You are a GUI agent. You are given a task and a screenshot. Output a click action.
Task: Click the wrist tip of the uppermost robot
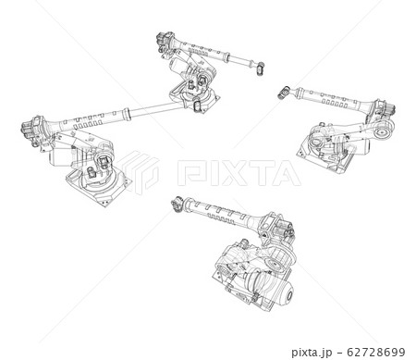click(x=261, y=68)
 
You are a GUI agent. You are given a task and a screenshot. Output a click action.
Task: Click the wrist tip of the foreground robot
click(x=175, y=204)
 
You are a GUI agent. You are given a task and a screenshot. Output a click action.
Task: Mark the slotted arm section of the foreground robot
click(x=218, y=215)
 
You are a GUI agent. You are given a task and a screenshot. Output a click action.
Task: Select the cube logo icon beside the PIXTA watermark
click(x=138, y=171)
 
